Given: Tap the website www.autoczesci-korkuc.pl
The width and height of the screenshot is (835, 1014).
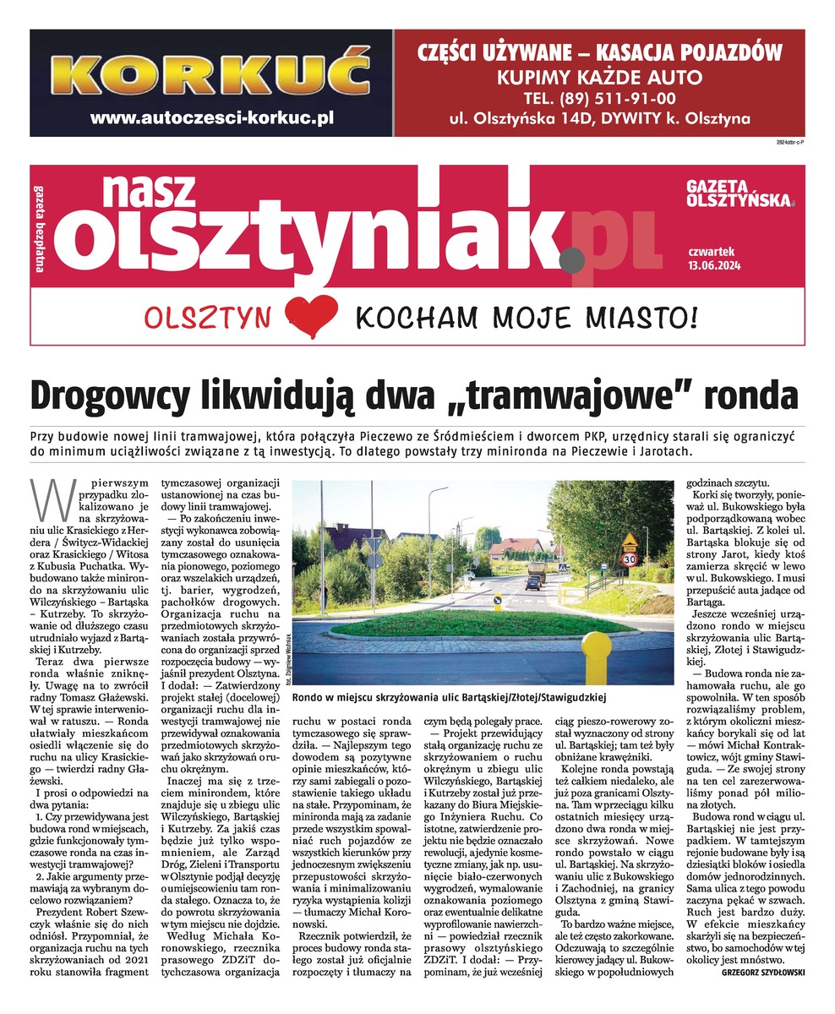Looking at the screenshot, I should (x=210, y=118).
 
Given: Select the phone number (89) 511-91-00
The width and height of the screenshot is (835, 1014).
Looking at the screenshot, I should (x=599, y=96).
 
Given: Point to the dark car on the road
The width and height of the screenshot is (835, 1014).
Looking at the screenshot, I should (x=534, y=581).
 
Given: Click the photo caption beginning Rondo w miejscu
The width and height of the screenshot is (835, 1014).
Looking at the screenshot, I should (x=449, y=698).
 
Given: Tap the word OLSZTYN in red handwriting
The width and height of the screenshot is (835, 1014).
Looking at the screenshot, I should (x=208, y=318).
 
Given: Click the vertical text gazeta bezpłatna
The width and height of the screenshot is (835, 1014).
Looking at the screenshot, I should (x=39, y=229).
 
